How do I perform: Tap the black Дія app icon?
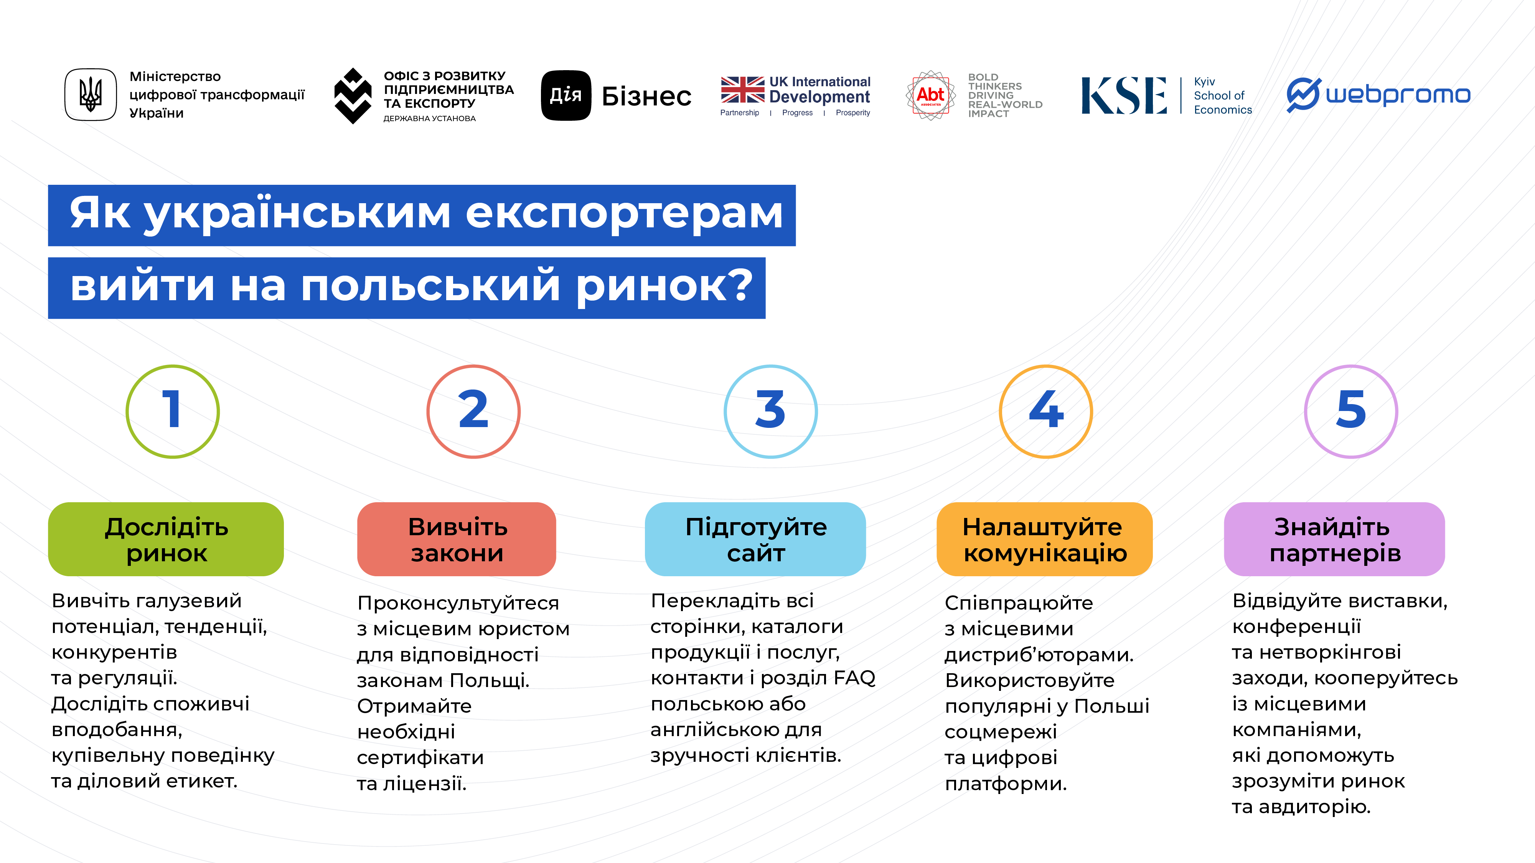[566, 95]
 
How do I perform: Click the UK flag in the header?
[742, 90]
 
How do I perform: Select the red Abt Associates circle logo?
[930, 95]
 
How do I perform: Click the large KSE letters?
[1124, 95]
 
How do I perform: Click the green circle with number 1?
[173, 411]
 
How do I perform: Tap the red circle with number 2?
[473, 411]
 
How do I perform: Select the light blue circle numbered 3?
[770, 411]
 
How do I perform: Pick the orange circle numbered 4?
[1046, 411]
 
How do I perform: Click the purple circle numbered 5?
[1351, 411]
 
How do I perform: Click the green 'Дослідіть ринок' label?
[166, 539]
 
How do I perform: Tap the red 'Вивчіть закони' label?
[457, 539]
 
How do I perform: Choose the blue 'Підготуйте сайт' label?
[755, 539]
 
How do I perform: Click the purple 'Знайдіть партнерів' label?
[1334, 539]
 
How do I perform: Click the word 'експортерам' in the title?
[624, 214]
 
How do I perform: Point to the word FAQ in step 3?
[854, 678]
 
